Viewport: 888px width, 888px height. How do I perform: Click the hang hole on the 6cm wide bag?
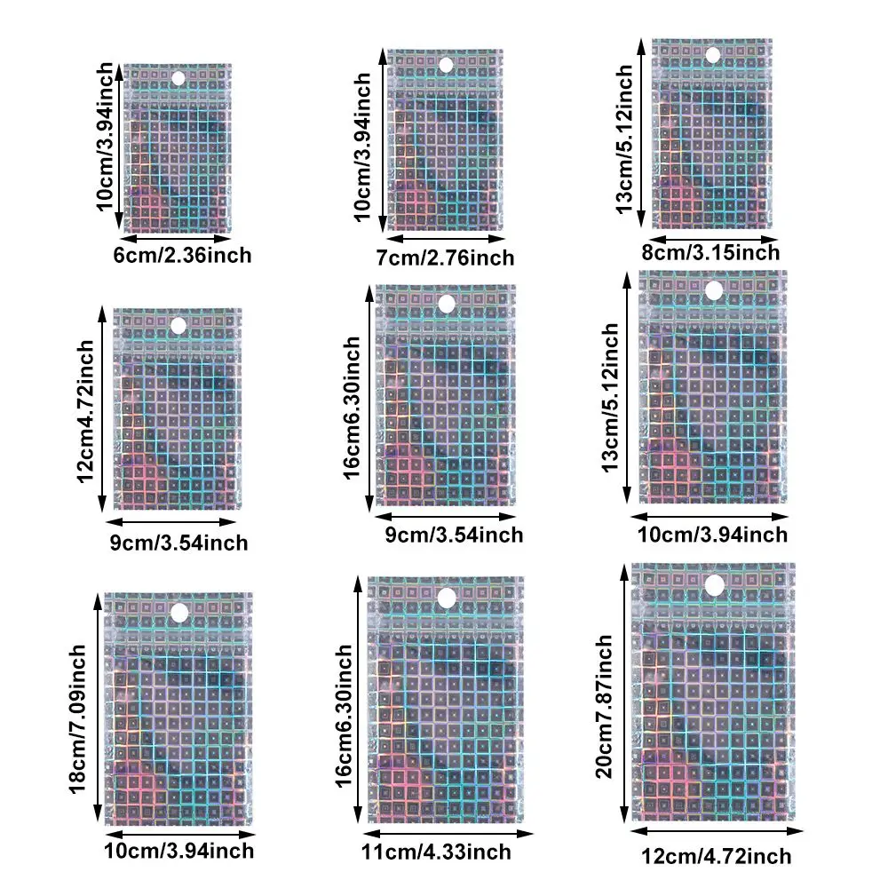(x=178, y=79)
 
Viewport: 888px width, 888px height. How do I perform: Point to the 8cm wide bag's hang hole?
(x=712, y=55)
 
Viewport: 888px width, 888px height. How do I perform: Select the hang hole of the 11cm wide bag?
(x=446, y=596)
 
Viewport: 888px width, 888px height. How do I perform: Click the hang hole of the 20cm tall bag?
(x=714, y=584)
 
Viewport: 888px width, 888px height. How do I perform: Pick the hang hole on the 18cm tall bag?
(x=179, y=612)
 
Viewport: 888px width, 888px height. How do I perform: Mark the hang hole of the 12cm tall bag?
(x=178, y=326)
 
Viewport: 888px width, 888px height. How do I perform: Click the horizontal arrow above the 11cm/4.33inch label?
(x=449, y=833)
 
